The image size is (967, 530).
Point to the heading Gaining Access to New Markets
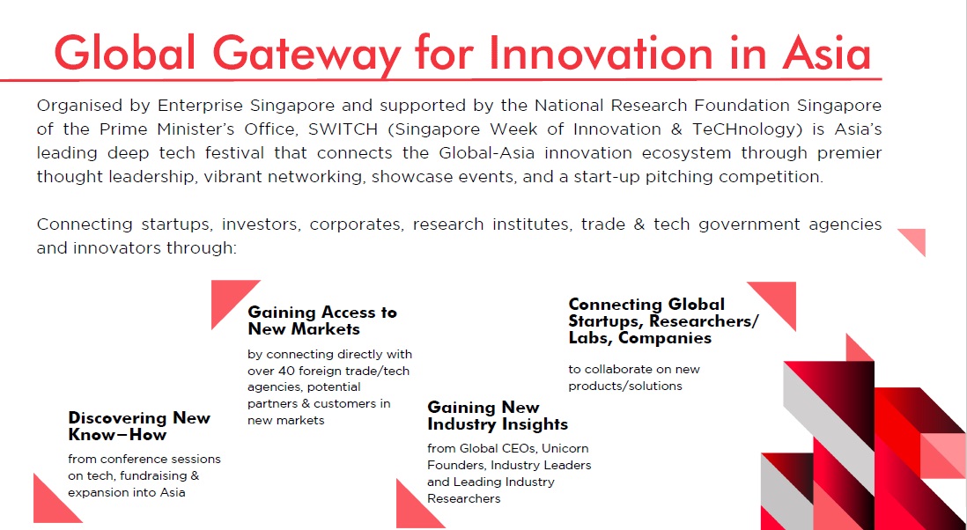(322, 320)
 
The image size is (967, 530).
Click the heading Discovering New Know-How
(139, 426)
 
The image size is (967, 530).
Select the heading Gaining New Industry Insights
(498, 416)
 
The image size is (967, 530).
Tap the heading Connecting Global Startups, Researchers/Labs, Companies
(663, 321)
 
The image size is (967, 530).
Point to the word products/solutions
(625, 386)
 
